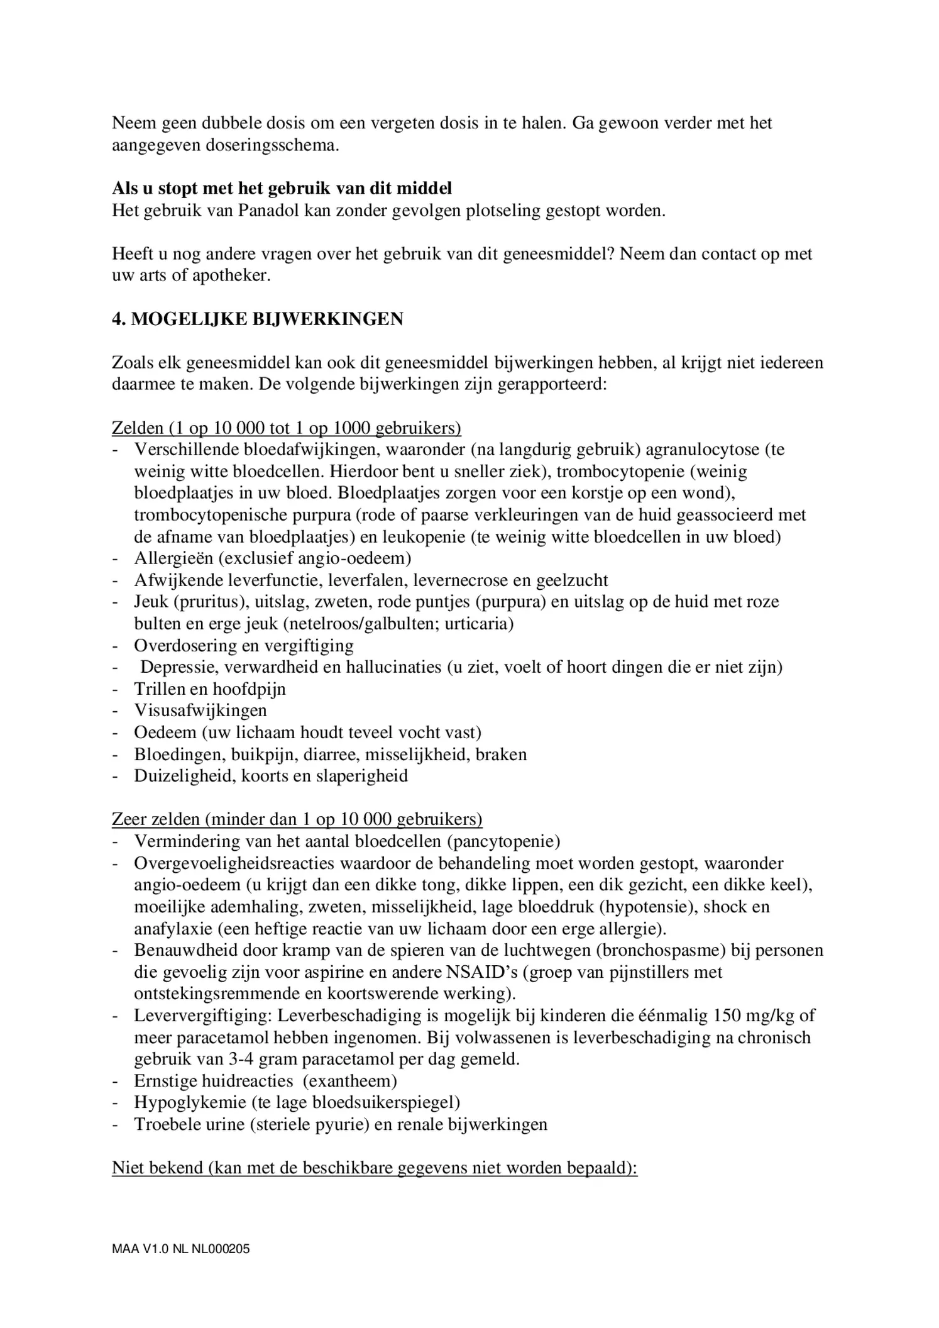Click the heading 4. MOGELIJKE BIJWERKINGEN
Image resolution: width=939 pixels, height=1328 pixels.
click(257, 319)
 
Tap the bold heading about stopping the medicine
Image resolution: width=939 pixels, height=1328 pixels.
click(282, 188)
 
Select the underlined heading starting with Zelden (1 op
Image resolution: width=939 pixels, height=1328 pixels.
click(286, 428)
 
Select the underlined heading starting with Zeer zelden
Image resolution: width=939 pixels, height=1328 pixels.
click(297, 819)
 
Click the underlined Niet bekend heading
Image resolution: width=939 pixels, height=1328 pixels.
click(375, 1168)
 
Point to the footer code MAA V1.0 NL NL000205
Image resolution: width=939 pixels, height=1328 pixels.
click(180, 1249)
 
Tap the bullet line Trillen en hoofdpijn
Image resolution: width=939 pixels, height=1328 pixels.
click(209, 689)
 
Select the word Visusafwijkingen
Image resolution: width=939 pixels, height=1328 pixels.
click(200, 711)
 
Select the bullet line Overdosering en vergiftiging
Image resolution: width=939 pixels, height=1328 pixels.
click(243, 646)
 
